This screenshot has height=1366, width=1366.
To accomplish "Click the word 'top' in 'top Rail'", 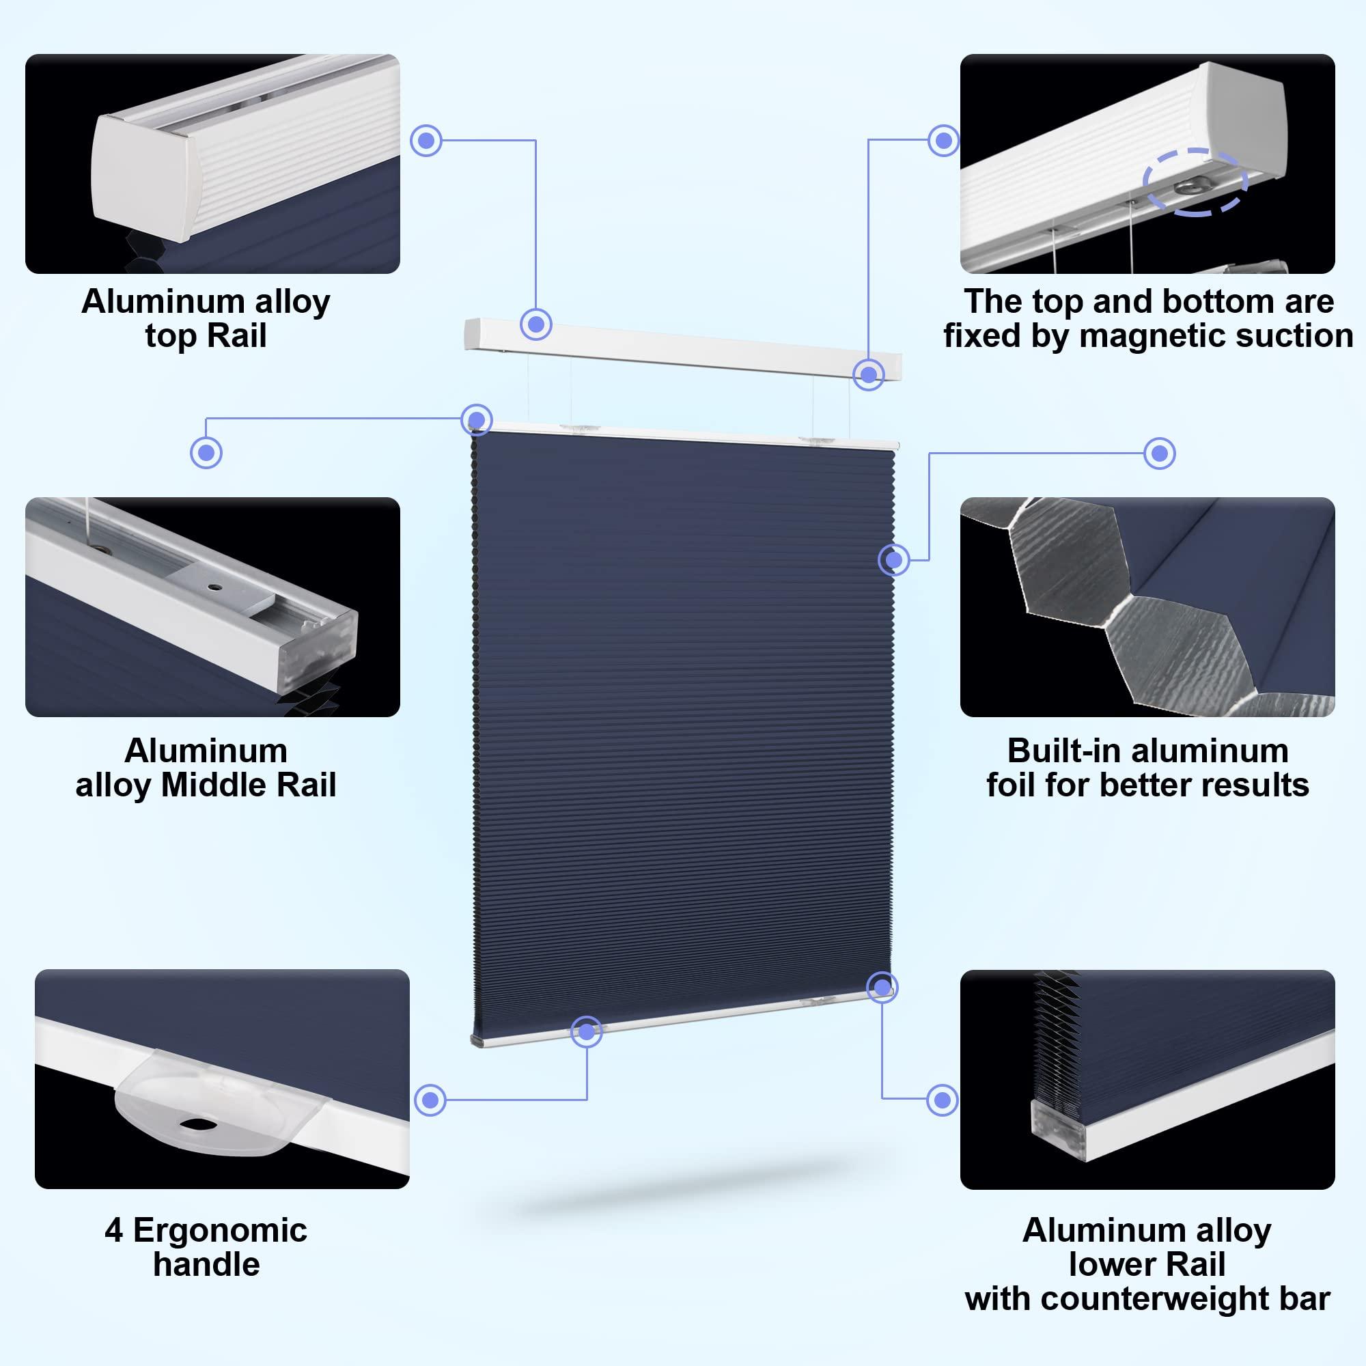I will [x=166, y=336].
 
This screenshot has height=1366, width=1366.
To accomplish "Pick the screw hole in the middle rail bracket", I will [x=212, y=587].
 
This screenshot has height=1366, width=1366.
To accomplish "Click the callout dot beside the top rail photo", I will [x=426, y=141].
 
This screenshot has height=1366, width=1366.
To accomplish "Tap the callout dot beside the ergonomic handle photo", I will [x=430, y=1100].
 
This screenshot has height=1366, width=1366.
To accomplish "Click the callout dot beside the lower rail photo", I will [x=942, y=1100].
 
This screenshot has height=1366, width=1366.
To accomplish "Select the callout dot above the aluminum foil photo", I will [x=1160, y=454].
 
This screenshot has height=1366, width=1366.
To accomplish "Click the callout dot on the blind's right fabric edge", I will [x=893, y=560].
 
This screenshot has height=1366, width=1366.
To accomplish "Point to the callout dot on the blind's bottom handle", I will [x=586, y=1032].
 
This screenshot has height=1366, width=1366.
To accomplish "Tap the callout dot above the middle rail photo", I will [x=206, y=453].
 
